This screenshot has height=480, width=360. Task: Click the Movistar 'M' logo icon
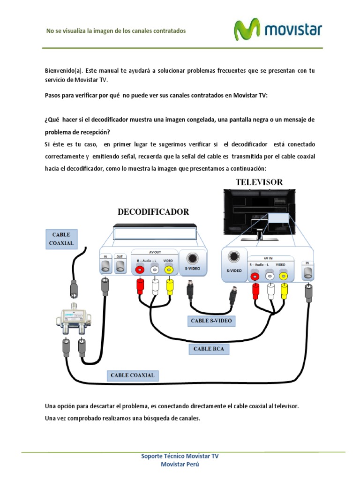[247, 30]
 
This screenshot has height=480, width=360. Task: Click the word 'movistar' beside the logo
[293, 30]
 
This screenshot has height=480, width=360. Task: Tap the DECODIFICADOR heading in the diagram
[153, 212]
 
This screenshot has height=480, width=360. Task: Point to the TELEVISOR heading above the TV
[259, 182]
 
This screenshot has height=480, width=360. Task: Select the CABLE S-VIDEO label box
[211, 321]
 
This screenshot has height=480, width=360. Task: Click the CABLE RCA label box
[209, 349]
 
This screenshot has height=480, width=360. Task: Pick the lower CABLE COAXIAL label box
[133, 375]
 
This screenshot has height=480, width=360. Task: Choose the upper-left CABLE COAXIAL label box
[61, 239]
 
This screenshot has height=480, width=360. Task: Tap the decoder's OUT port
[120, 266]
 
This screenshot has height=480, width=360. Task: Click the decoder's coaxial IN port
[105, 266]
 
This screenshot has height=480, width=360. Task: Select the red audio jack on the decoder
[139, 270]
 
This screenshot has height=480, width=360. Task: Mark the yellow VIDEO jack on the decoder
[169, 270]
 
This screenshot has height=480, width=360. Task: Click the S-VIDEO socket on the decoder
[191, 259]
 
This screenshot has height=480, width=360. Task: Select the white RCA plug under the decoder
[155, 286]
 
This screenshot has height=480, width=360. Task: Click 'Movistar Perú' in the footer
[180, 464]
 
